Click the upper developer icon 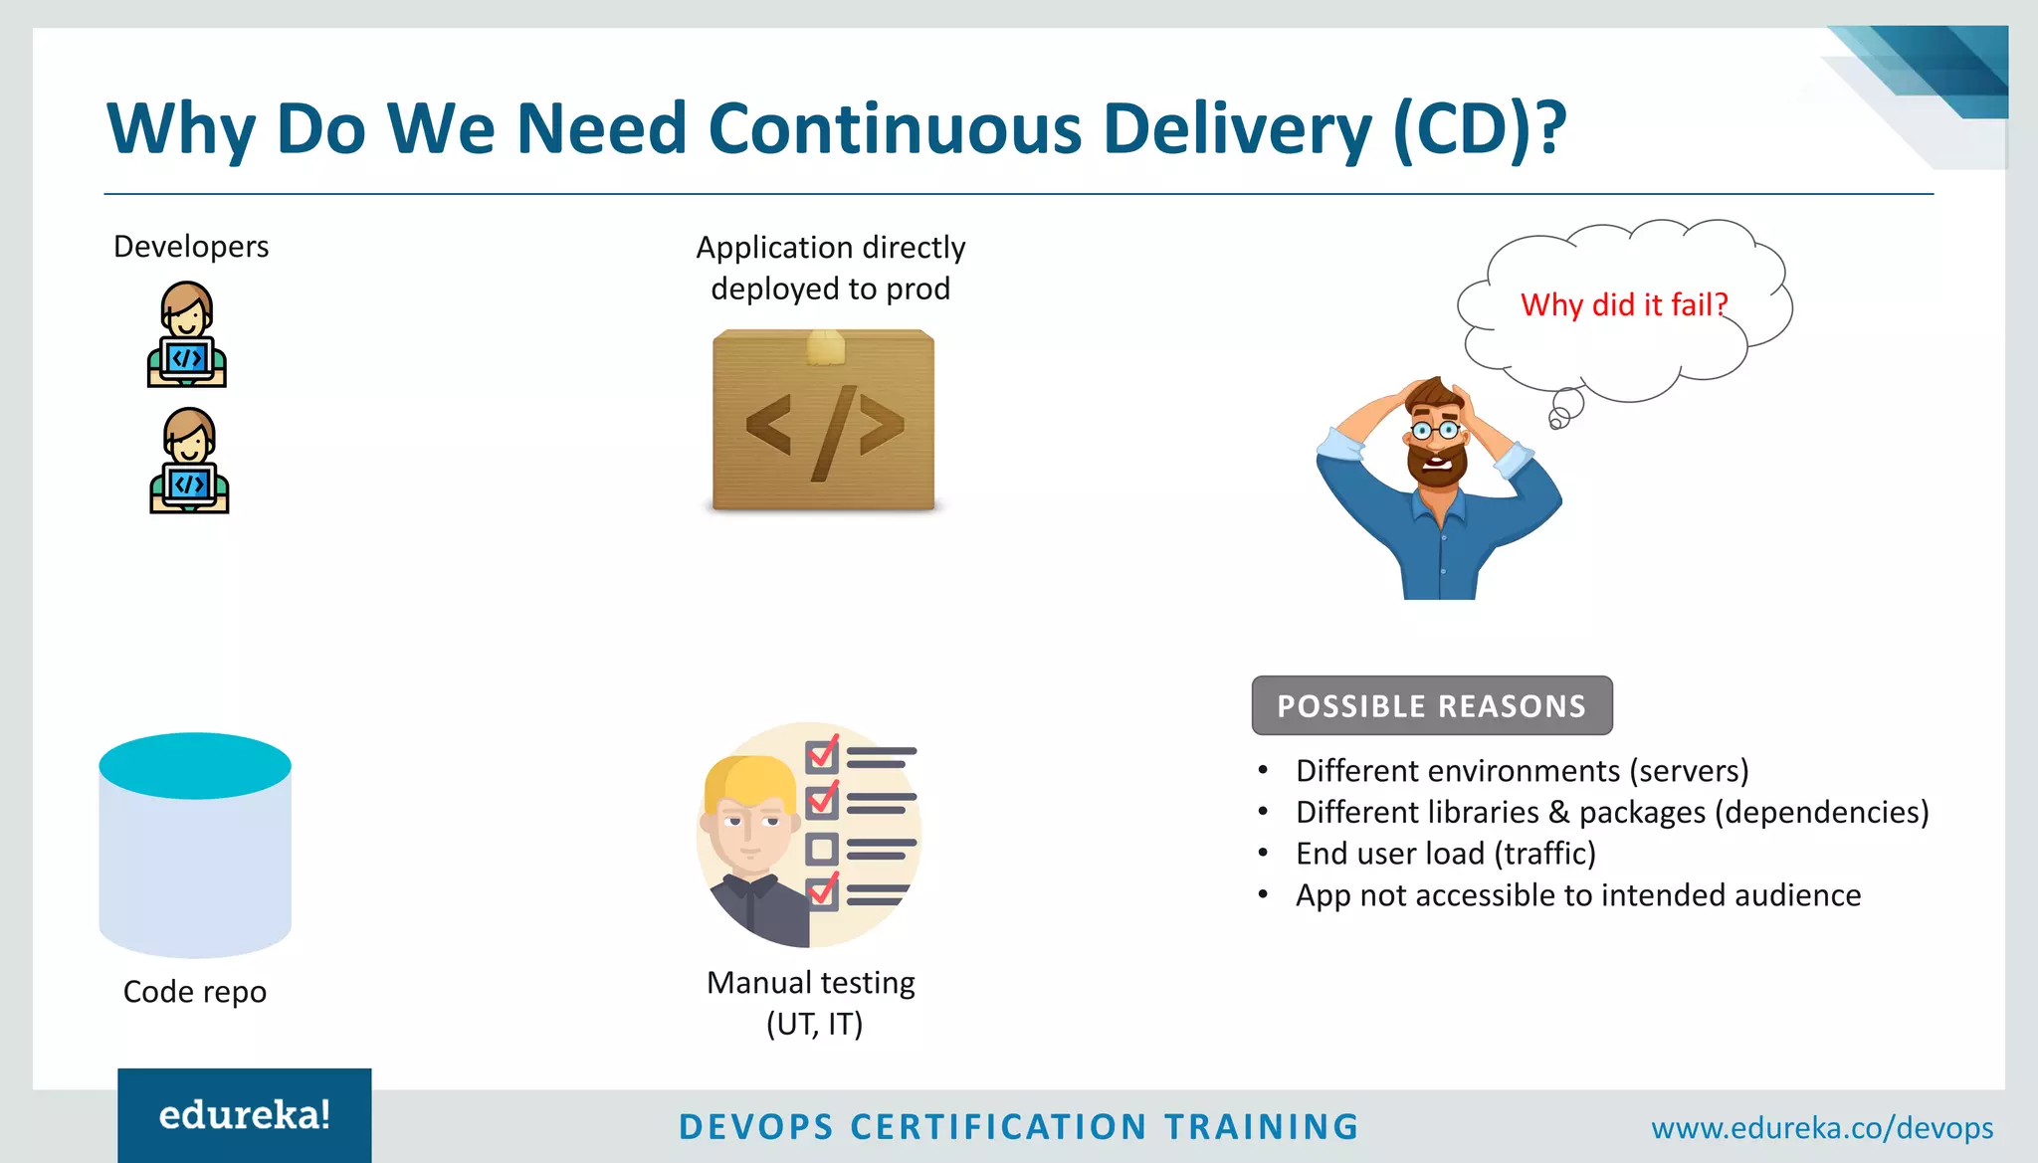[x=187, y=334]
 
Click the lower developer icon [x=189, y=461]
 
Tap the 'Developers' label [x=191, y=246]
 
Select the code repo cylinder [x=195, y=846]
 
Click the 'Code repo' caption [x=195, y=991]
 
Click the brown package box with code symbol [x=824, y=421]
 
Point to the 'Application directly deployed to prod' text [x=830, y=268]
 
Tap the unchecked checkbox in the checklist [x=821, y=849]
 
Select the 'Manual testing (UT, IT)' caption [x=812, y=1003]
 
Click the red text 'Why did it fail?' [x=1624, y=304]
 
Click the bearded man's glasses [x=1436, y=431]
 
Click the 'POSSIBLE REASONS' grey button [x=1432, y=705]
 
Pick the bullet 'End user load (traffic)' [x=1445, y=854]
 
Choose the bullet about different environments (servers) [x=1522, y=771]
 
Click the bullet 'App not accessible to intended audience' [x=1577, y=895]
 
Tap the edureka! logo [x=245, y=1115]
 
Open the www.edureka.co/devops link [x=1822, y=1128]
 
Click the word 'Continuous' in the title [x=895, y=129]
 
